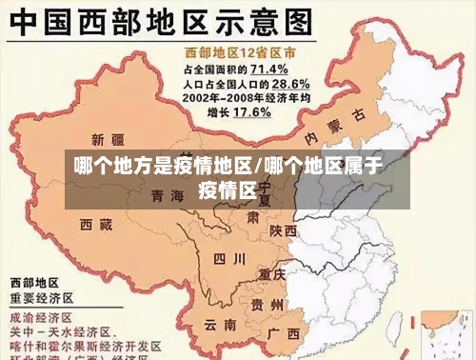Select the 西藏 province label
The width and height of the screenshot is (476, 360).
pos(96,225)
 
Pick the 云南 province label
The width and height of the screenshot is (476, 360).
pos(220,325)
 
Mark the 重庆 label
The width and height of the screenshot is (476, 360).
pos(272,273)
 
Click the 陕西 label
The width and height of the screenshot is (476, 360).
pos(283,230)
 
